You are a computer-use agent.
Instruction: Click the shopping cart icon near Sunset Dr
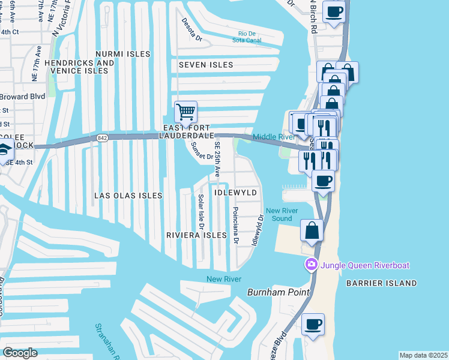tap(186, 112)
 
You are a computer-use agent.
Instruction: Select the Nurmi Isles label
tap(122, 54)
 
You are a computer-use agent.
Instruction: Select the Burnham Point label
tap(278, 292)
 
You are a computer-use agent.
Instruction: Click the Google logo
tap(20, 353)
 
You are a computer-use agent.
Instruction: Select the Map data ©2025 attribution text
tap(423, 355)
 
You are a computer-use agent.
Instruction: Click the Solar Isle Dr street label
tap(201, 211)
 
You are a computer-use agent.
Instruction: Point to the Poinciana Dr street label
tap(236, 226)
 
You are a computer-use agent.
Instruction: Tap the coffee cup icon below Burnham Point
tap(313, 325)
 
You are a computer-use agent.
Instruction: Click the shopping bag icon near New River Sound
tap(312, 230)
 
